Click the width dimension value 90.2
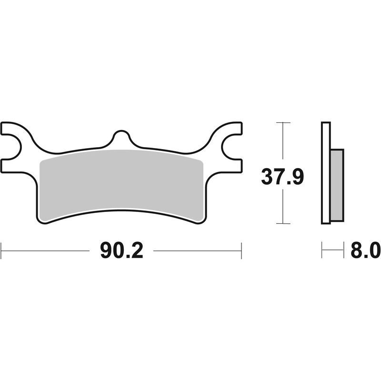pos(121,250)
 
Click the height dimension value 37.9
pos(282,177)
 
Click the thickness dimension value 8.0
pos(365,250)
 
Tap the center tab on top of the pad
pos(121,138)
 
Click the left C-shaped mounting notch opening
pos(10,147)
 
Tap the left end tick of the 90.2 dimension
pos(1,250)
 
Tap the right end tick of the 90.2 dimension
pos(241,250)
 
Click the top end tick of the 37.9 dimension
pos(283,123)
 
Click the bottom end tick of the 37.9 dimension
pos(283,223)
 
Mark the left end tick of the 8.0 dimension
pos(322,250)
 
